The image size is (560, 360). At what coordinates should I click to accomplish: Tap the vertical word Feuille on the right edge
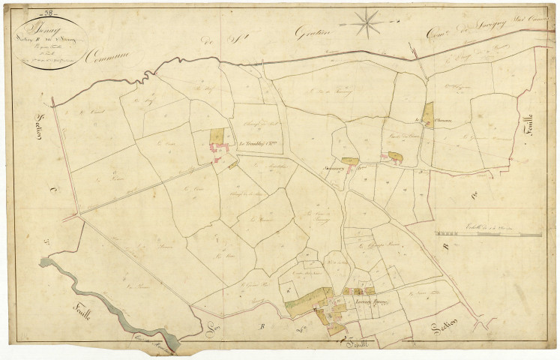click(528, 118)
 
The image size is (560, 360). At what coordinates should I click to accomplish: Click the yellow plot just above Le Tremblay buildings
click(217, 135)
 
